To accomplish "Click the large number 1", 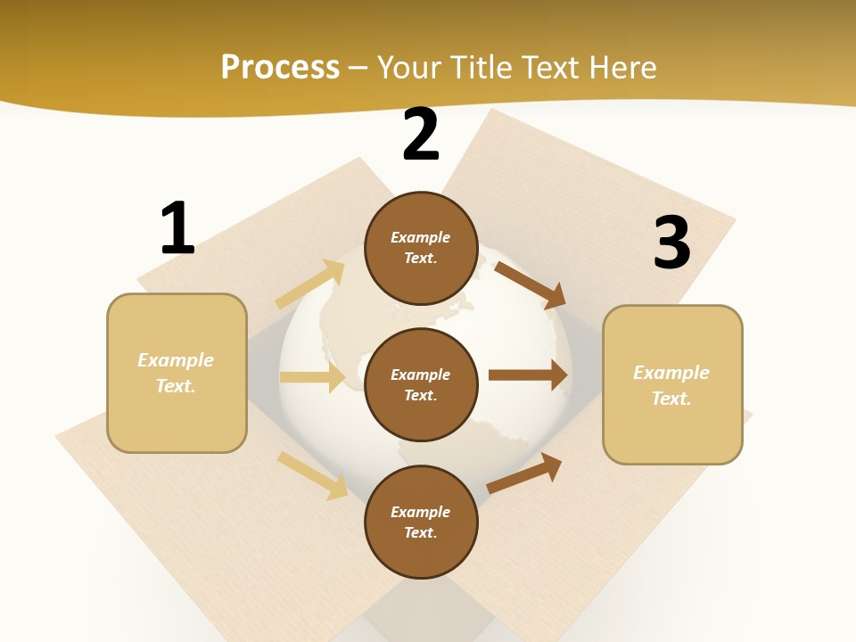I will [177, 228].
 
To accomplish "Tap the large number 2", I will [421, 136].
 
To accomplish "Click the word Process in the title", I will [280, 68].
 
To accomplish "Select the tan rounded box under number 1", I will [177, 373].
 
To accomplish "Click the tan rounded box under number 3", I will [672, 384].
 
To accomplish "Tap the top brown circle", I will [421, 248].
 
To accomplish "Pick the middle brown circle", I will [421, 384].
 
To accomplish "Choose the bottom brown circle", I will [421, 522].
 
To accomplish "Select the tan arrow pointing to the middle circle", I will [312, 377].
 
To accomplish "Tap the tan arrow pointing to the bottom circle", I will [313, 475].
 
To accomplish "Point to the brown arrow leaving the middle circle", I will [528, 374].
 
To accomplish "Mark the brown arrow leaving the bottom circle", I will [524, 473].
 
